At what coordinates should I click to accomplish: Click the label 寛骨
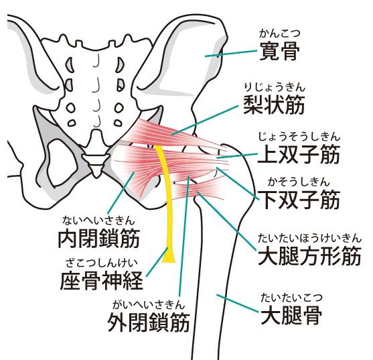pos(279,51)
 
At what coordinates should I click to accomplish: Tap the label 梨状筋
pos(274,105)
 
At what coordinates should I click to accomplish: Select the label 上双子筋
pos(299,154)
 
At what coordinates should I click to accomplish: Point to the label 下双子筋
pos(299,200)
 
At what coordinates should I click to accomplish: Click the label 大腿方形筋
pos(309,255)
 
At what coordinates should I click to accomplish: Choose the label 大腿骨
pos(291,315)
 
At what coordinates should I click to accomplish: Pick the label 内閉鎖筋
pos(99,239)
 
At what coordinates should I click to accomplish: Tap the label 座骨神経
pos(102,280)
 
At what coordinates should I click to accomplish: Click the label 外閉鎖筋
pos(149,322)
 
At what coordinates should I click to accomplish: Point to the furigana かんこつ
pos(280,34)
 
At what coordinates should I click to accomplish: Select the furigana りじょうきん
pos(275,87)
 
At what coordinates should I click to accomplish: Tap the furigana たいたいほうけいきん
pos(310,238)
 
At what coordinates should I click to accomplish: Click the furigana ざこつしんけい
pos(102,263)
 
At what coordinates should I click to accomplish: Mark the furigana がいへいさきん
pos(149,304)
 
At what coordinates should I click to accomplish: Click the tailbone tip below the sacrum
pos(96,176)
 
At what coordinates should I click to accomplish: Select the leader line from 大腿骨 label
pos(238,303)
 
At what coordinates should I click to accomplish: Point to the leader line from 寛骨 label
pos(231,54)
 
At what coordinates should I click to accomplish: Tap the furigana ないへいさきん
pos(98,221)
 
